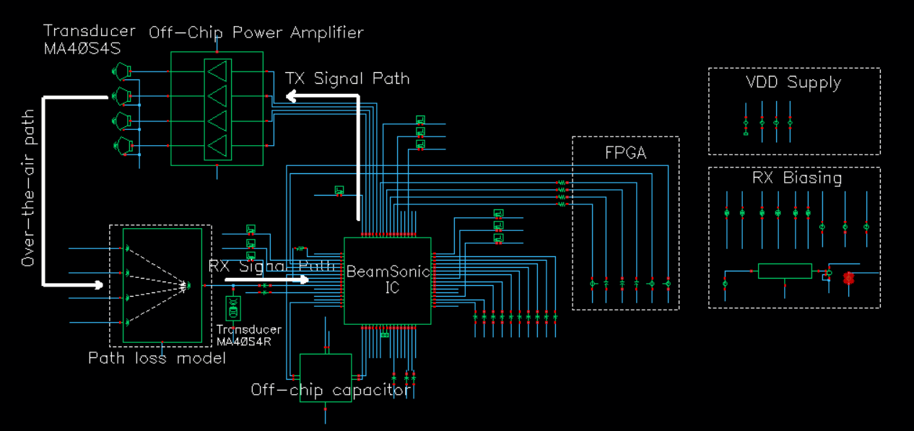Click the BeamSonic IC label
click(x=388, y=279)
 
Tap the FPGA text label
click(x=625, y=154)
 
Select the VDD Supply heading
click(x=793, y=82)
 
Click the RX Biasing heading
click(x=796, y=178)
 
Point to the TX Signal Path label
click(x=347, y=78)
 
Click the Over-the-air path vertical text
click(x=28, y=188)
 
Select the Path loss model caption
click(x=157, y=357)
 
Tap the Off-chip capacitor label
click(x=331, y=390)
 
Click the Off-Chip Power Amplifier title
click(x=256, y=33)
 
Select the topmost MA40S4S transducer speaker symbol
click(x=122, y=70)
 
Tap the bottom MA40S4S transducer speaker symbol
click(x=122, y=145)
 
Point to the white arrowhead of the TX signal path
click(x=290, y=97)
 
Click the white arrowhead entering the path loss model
click(x=99, y=284)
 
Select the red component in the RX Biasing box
click(x=848, y=278)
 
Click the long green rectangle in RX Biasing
click(x=785, y=271)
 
